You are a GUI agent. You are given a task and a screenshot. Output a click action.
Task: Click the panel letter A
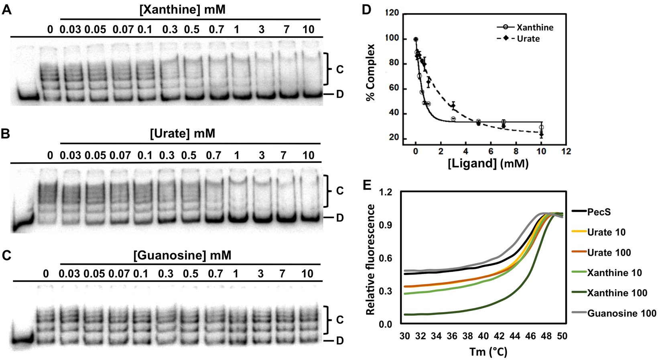coord(7,10)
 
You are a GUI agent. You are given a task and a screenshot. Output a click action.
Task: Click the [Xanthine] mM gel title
coord(182,10)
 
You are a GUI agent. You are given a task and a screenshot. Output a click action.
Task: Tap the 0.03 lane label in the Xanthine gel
coord(70,29)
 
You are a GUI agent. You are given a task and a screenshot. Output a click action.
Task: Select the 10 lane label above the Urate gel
coord(308,155)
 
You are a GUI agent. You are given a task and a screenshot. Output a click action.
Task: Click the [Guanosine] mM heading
coord(182,255)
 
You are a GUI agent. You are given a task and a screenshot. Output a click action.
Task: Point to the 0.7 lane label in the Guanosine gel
coord(215,274)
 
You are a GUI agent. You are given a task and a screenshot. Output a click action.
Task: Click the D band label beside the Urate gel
coord(340,218)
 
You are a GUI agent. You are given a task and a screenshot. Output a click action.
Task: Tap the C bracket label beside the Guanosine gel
coord(340,320)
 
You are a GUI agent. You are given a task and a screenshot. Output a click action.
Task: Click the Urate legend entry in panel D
coord(528,39)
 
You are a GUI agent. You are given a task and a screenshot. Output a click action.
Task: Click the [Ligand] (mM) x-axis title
coord(488,164)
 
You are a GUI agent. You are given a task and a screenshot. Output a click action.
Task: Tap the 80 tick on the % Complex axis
coord(394,63)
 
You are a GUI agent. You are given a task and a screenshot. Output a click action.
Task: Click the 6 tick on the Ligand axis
coord(491,152)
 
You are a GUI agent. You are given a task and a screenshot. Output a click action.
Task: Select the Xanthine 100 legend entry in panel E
coord(617,293)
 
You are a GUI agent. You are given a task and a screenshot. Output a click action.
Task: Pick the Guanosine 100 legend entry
coord(621,313)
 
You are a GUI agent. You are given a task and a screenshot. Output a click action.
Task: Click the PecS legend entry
coord(599,212)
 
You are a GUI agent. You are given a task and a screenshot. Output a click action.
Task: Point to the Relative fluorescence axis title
coord(370,259)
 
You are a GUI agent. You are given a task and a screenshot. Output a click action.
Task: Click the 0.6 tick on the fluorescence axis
coord(386,258)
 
